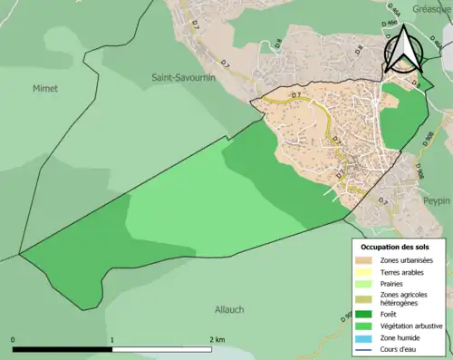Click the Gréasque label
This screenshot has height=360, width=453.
(430, 5)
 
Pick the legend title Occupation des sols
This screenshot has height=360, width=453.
(396, 247)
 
